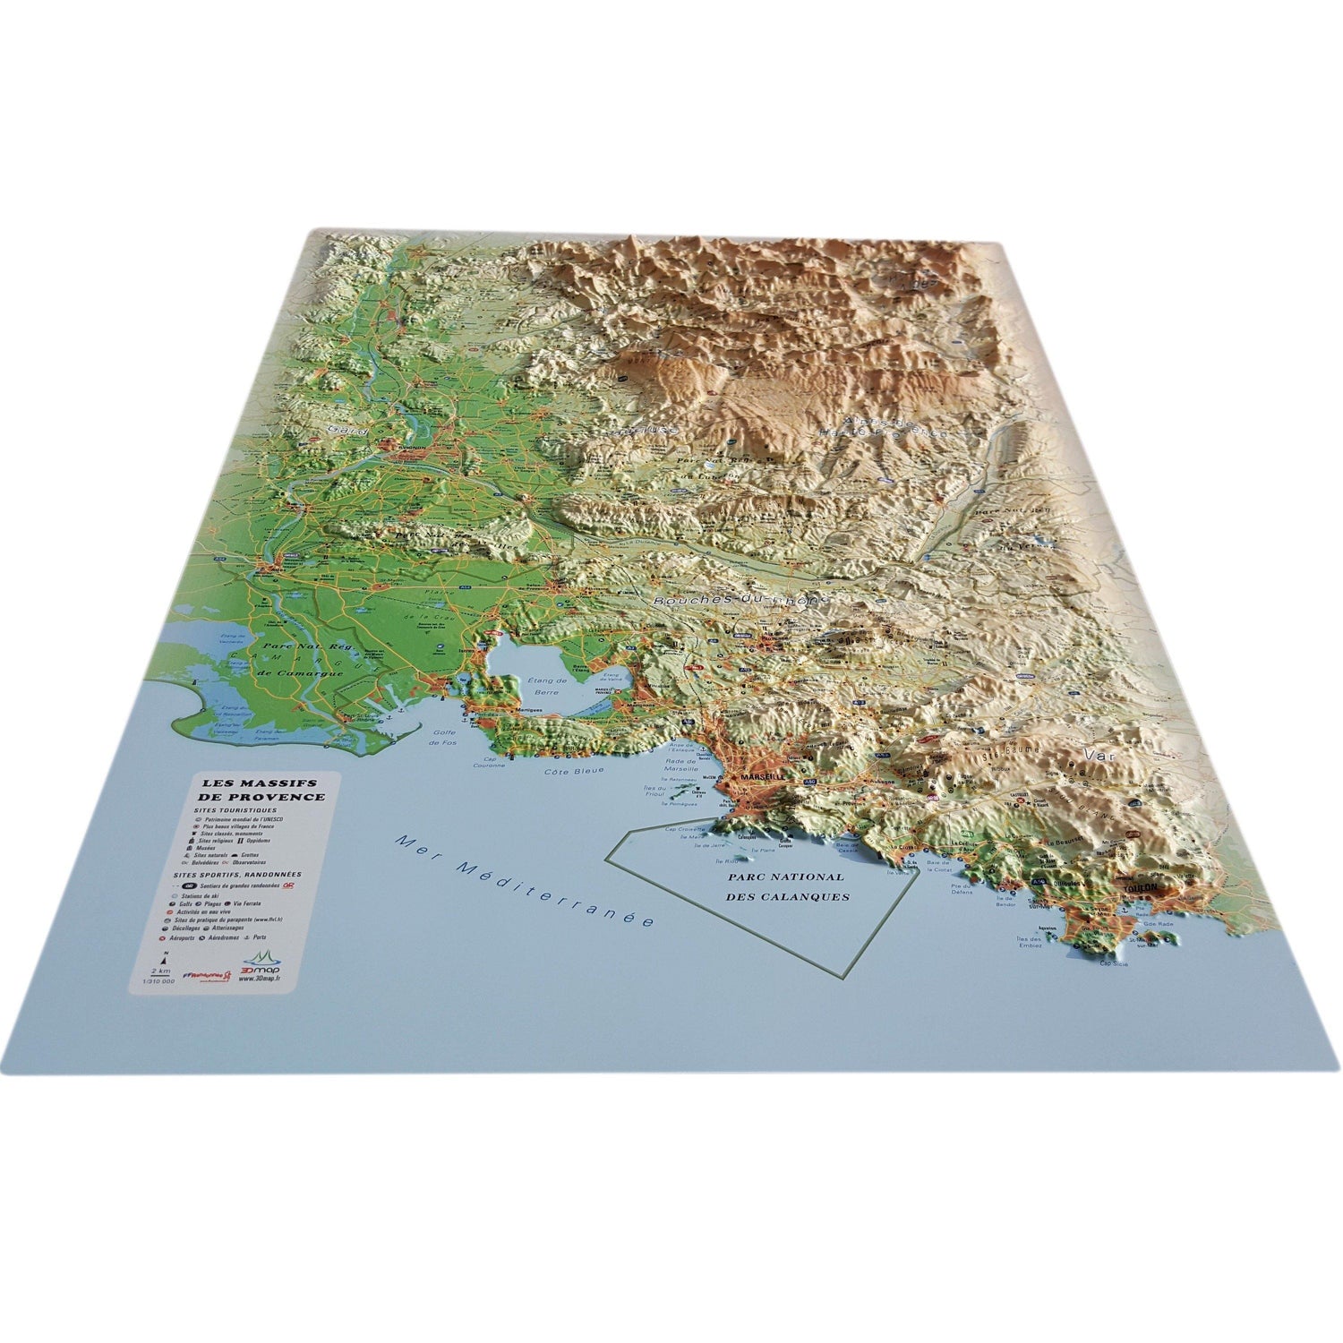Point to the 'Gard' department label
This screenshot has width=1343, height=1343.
340,430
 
